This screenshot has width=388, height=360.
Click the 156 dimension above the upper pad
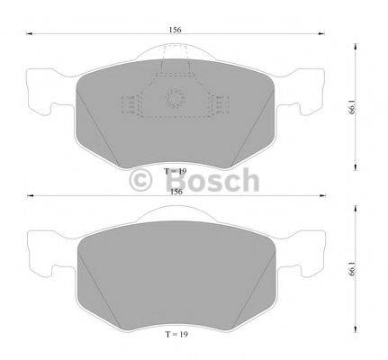pos(176,29)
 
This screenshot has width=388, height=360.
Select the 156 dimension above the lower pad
pos(176,191)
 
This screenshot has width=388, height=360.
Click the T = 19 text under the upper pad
pos(176,170)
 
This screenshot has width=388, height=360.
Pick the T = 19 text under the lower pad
pos(176,334)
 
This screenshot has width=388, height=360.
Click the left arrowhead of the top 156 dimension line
pos(28,37)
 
